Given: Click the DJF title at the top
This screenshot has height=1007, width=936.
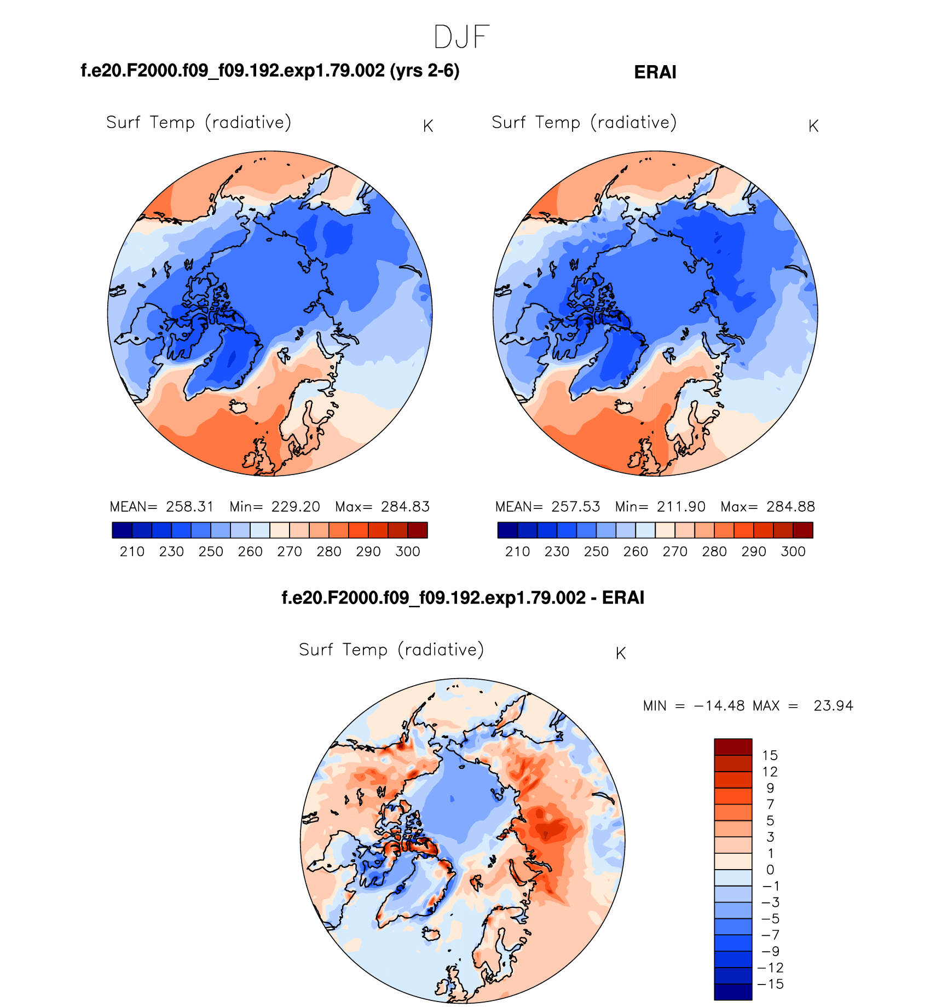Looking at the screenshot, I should pyautogui.click(x=461, y=37).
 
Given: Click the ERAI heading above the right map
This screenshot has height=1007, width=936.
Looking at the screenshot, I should pyautogui.click(x=655, y=72).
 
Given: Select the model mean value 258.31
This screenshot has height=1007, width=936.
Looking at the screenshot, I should pyautogui.click(x=190, y=507).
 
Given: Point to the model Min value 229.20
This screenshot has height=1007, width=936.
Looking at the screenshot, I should pyautogui.click(x=296, y=507).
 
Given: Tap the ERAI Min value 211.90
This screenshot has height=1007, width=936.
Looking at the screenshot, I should pyautogui.click(x=681, y=507).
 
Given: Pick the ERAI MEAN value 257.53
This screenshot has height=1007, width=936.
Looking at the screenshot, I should pyautogui.click(x=575, y=507).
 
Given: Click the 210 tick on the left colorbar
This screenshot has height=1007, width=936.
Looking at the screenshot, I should pyautogui.click(x=132, y=552).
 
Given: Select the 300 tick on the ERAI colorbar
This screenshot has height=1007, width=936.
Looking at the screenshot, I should pyautogui.click(x=793, y=552).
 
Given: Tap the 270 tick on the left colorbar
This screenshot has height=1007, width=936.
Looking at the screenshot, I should pyautogui.click(x=290, y=552).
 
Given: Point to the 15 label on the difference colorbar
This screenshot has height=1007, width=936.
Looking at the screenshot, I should pyautogui.click(x=770, y=756).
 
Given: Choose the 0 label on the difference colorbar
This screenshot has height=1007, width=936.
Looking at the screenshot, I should pyautogui.click(x=770, y=870).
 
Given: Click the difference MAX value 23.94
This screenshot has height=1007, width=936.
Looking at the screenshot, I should pyautogui.click(x=833, y=706).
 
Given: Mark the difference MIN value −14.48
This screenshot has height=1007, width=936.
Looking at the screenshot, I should pyautogui.click(x=719, y=706).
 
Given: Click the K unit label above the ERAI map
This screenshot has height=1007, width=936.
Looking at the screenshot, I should pyautogui.click(x=813, y=126).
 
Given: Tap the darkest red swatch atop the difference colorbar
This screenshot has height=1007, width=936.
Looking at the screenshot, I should pyautogui.click(x=733, y=746).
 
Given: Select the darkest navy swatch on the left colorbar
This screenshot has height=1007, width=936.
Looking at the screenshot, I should pyautogui.click(x=122, y=530).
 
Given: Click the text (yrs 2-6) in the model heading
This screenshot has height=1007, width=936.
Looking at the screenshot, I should pyautogui.click(x=425, y=71).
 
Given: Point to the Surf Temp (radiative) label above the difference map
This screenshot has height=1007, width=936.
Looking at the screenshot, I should pyautogui.click(x=391, y=650).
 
